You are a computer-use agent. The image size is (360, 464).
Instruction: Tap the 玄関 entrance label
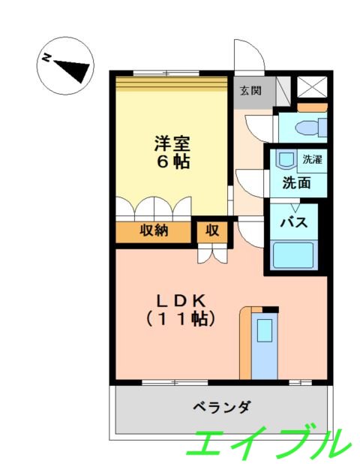(250, 91)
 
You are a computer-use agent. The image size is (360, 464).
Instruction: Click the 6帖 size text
(172, 161)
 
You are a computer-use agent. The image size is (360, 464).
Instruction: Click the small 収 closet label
(212, 231)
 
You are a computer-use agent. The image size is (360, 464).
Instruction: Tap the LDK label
(181, 300)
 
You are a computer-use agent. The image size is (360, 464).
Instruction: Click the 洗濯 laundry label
(311, 159)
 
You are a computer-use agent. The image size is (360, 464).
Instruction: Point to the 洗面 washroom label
(296, 182)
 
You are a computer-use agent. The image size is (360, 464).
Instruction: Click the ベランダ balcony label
(221, 407)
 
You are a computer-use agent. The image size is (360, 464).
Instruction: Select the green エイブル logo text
(266, 442)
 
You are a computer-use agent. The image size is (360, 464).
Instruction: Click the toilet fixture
(308, 127)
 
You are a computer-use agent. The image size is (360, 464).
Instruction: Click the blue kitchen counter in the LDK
(264, 342)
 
